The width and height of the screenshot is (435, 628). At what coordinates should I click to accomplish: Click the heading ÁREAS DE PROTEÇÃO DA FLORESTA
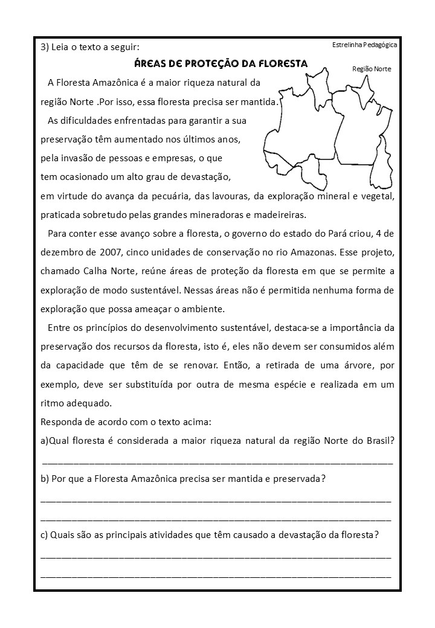[x=221, y=63]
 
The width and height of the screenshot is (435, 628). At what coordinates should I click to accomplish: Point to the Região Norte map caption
[x=372, y=69]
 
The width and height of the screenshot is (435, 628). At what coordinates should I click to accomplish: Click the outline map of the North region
[x=329, y=133]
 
